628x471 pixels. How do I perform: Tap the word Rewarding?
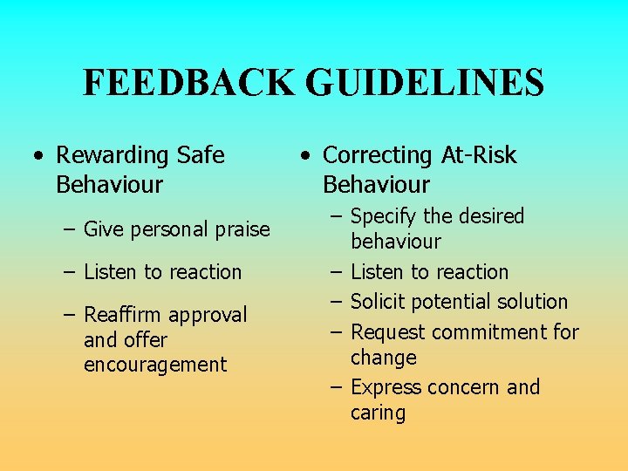[113, 155]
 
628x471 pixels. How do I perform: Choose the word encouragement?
[154, 365]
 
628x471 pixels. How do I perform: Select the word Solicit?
[380, 302]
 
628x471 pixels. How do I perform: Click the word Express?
[385, 387]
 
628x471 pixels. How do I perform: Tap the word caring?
[378, 413]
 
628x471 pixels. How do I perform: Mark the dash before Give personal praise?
[70, 230]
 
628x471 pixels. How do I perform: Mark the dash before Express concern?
[337, 387]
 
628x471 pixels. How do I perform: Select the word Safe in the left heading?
[201, 155]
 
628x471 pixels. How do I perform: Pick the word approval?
[209, 314]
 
